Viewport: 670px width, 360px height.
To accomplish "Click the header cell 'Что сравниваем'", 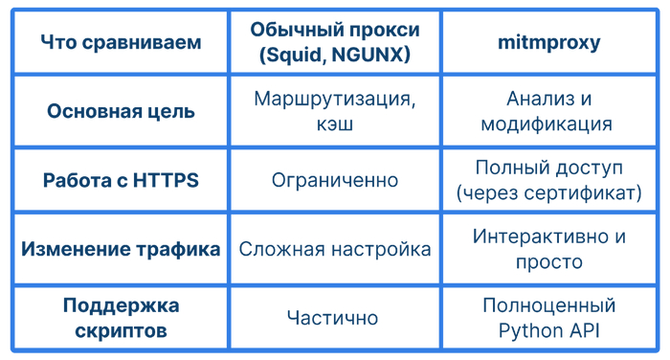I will point(122,43).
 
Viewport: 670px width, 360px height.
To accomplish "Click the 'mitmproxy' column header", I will point(547,43).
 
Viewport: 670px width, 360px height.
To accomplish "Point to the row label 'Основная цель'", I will point(121,111).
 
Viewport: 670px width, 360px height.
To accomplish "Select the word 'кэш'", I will point(334,124).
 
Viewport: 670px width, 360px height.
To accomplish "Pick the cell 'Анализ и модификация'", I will point(547,111).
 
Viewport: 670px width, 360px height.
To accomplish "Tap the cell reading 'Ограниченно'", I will point(334,180).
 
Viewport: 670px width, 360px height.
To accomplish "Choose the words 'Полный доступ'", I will point(548,168).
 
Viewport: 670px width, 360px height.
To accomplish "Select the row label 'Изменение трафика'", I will point(121,249).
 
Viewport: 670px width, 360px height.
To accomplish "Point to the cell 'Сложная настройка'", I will point(334,249).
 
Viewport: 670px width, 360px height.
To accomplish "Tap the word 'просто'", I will point(547,261).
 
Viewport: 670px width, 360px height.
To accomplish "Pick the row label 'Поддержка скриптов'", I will point(121,318).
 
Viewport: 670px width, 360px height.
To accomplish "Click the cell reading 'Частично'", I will point(334,318).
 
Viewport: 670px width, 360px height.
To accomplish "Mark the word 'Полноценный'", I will point(548,305).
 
